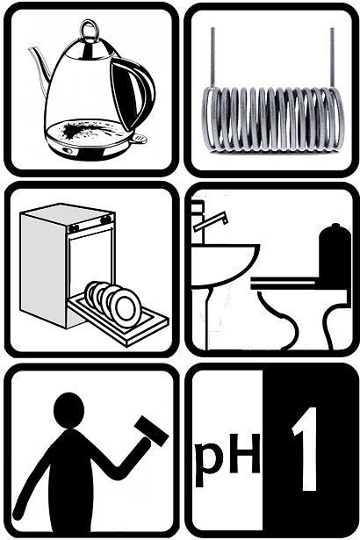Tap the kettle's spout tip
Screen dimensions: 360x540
tap(31, 49)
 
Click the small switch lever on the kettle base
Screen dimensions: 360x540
tap(140, 139)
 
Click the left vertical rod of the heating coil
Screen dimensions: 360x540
tap(212, 57)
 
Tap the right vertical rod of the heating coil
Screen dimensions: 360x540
tap(332, 57)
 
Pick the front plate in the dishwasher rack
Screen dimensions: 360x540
tap(126, 308)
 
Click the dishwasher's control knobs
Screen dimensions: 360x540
tap(90, 224)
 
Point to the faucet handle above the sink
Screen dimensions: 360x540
tap(211, 222)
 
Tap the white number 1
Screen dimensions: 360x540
tap(306, 449)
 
